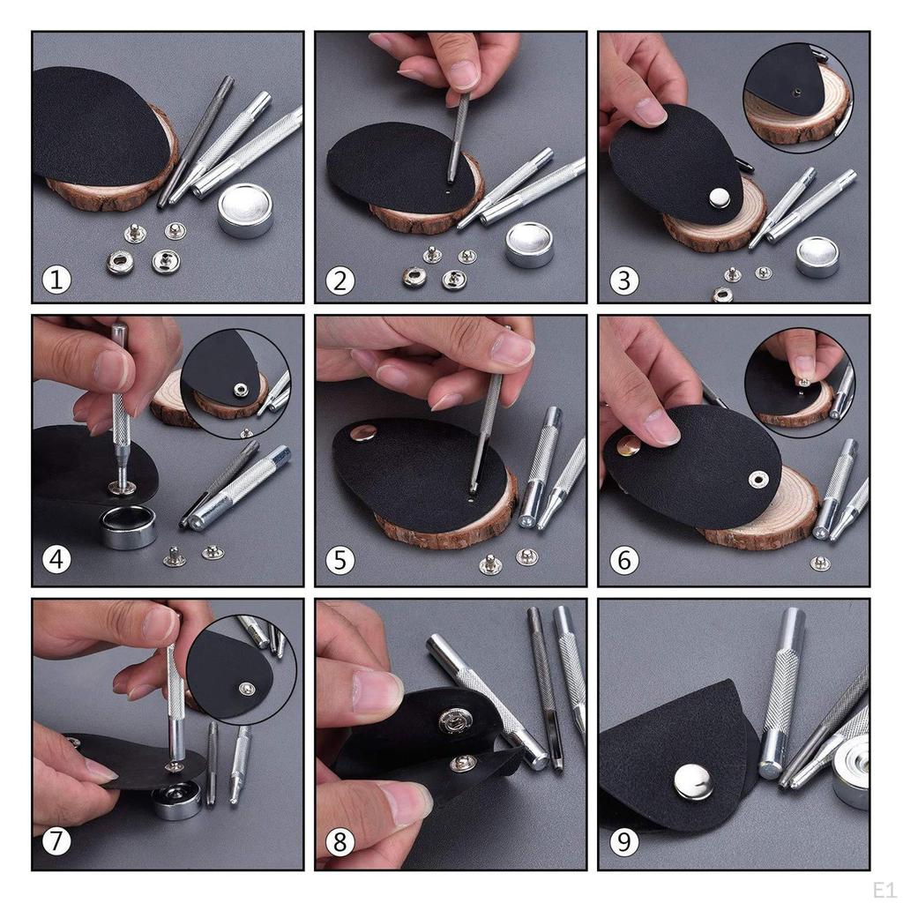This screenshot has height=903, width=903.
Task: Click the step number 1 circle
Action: click(x=56, y=280)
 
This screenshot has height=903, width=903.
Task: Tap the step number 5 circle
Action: click(x=340, y=560)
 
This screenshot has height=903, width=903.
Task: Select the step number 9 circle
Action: click(x=623, y=842)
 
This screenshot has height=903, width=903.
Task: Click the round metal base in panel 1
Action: click(x=245, y=211)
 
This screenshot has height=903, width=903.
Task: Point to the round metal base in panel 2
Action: click(x=529, y=244)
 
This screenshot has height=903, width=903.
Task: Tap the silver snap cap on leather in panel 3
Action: click(x=720, y=198)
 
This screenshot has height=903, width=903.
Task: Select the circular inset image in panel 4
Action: click(x=235, y=384)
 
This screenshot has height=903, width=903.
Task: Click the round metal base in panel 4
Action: click(x=128, y=526)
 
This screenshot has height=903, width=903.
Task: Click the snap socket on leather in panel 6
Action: click(x=757, y=479)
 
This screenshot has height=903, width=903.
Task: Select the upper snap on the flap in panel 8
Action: click(x=456, y=720)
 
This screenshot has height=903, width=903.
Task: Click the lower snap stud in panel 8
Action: click(x=462, y=763)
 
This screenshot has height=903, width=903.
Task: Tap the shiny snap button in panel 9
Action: click(x=692, y=782)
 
